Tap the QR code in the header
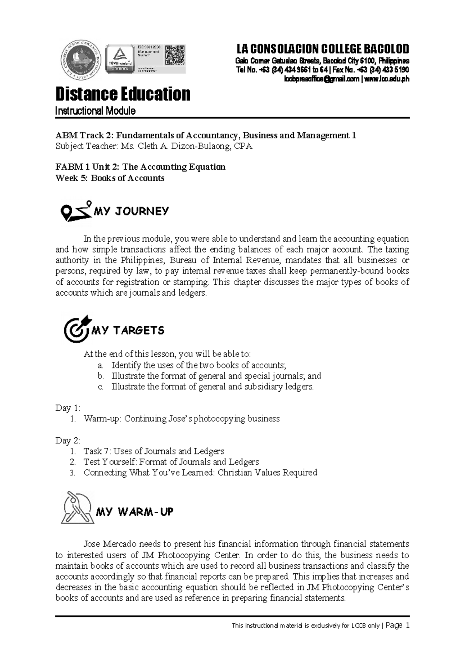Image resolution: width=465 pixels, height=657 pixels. pyautogui.click(x=175, y=55)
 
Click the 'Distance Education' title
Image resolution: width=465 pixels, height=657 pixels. pyautogui.click(x=123, y=94)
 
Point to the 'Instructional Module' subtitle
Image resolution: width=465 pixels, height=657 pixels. pyautogui.click(x=95, y=111)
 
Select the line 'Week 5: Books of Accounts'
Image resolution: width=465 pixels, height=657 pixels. pyautogui.click(x=110, y=178)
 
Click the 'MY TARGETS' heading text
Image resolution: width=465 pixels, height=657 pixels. pyautogui.click(x=128, y=330)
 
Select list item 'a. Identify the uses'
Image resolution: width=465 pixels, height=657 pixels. pyautogui.click(x=192, y=365)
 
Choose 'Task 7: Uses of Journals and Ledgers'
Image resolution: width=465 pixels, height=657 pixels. pyautogui.click(x=153, y=451)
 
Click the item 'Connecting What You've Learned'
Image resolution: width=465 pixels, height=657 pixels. pyautogui.click(x=200, y=473)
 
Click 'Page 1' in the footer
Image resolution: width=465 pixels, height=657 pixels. pyautogui.click(x=397, y=626)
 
